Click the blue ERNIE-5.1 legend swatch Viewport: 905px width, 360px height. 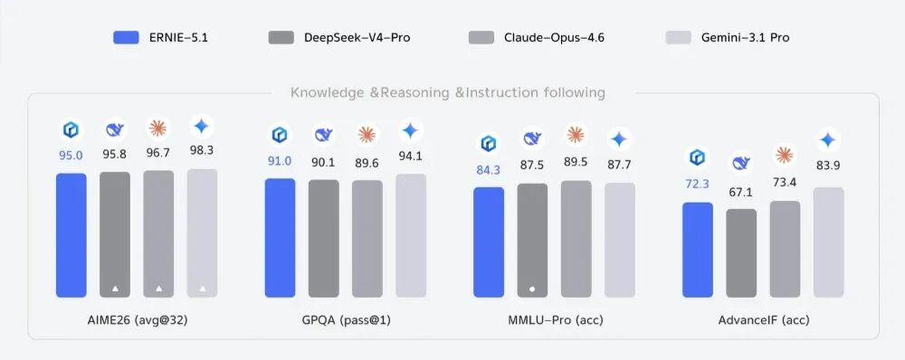[x=126, y=38]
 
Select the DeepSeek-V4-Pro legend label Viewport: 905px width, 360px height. [x=357, y=38]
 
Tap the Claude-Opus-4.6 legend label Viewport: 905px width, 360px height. [x=554, y=38]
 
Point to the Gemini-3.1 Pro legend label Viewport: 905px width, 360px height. [x=745, y=38]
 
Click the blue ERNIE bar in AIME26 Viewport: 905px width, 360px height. [x=71, y=235]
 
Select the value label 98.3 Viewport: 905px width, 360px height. [x=202, y=150]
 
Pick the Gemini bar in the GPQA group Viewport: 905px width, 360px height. [x=411, y=235]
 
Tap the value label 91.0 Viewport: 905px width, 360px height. [x=280, y=161]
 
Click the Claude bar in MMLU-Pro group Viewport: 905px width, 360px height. [x=576, y=239]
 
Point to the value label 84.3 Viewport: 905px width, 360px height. [x=489, y=170]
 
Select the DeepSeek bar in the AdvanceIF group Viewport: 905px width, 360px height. [x=741, y=253]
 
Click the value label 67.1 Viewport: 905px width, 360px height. [x=741, y=193]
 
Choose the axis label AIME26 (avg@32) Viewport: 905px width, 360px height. [x=137, y=319]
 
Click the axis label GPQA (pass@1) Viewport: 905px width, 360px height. [x=346, y=319]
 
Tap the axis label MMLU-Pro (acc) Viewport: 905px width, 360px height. [x=554, y=319]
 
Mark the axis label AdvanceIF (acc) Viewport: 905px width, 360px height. [x=764, y=319]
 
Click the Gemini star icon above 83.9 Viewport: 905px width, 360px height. [x=828, y=140]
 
